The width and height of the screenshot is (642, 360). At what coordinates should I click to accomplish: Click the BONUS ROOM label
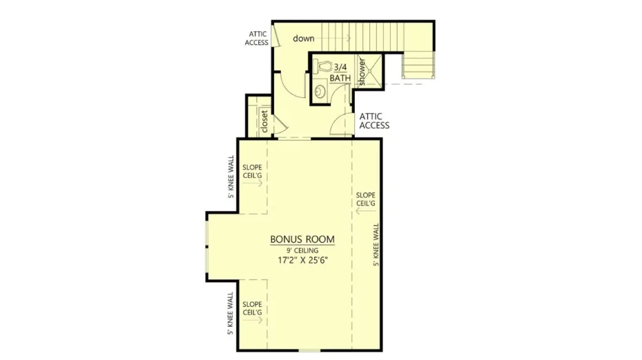click(302, 239)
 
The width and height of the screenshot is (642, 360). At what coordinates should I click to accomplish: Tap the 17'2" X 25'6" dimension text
click(303, 260)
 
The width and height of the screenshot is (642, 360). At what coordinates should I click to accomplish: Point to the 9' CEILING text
click(302, 250)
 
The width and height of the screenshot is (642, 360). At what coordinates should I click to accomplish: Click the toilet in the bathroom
click(323, 66)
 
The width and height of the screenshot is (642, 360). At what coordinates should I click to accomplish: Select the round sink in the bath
click(320, 92)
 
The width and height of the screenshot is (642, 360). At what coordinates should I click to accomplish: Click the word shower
click(362, 71)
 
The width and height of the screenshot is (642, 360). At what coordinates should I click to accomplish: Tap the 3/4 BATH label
click(340, 73)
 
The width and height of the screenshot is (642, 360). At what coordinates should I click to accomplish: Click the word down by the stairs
click(303, 38)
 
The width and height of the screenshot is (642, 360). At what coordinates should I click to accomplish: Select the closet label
click(264, 121)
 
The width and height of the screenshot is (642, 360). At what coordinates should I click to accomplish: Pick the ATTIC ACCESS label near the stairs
click(256, 38)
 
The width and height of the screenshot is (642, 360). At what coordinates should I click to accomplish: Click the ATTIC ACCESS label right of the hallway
click(374, 121)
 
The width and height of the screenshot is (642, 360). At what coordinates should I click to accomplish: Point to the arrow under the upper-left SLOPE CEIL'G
click(252, 183)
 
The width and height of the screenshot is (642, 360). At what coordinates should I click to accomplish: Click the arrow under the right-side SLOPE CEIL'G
click(366, 211)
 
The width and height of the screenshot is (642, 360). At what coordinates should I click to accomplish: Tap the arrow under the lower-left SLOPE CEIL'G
click(252, 320)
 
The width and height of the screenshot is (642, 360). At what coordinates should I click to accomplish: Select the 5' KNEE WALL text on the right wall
click(376, 245)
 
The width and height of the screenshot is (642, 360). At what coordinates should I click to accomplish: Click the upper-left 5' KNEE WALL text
click(231, 176)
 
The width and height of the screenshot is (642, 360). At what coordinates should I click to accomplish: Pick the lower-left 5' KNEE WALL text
click(231, 314)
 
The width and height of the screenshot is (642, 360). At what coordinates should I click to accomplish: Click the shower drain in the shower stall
click(370, 71)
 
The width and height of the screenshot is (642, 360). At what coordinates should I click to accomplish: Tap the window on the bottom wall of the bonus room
click(309, 351)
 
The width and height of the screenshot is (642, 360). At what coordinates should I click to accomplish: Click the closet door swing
click(281, 124)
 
